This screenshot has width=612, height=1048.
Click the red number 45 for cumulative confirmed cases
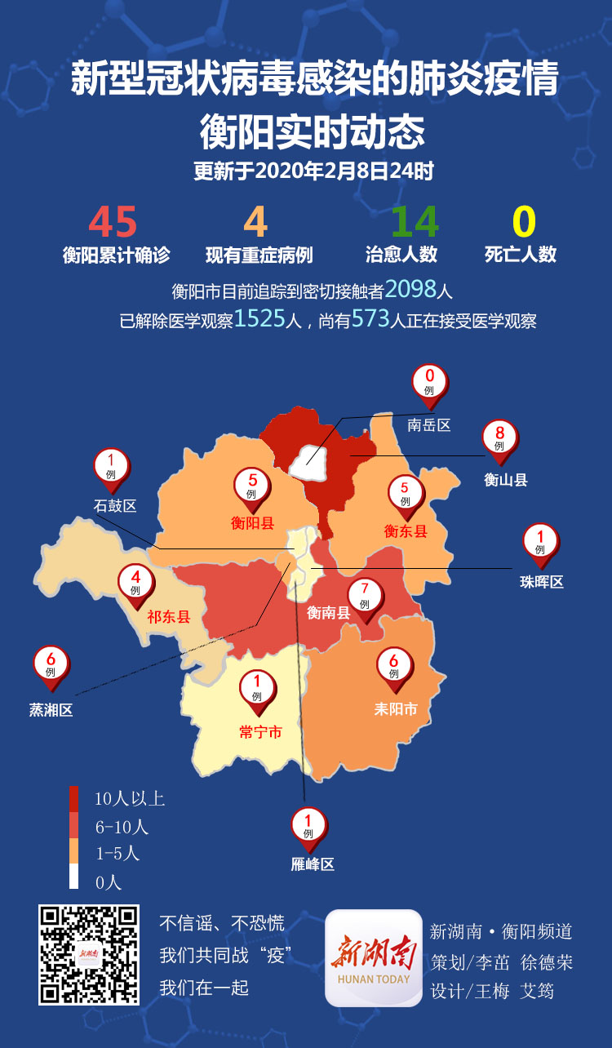point(113,222)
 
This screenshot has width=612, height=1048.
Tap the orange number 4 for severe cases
point(256,222)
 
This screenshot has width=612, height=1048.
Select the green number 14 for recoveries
point(415,222)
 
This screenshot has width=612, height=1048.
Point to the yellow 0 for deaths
point(523,222)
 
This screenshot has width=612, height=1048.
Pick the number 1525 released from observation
point(259,319)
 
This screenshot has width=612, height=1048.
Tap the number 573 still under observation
point(370,319)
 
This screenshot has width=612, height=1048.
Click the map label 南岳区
point(429,425)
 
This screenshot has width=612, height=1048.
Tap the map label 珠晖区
point(542,582)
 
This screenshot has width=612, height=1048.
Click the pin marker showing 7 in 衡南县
point(365,595)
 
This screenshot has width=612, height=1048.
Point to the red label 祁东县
point(169,617)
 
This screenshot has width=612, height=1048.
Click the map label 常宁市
point(260,733)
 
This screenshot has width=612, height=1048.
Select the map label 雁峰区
point(313,864)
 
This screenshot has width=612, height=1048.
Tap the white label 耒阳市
point(396,709)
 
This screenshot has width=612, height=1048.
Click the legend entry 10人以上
point(130,798)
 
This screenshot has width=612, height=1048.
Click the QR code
point(89,955)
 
